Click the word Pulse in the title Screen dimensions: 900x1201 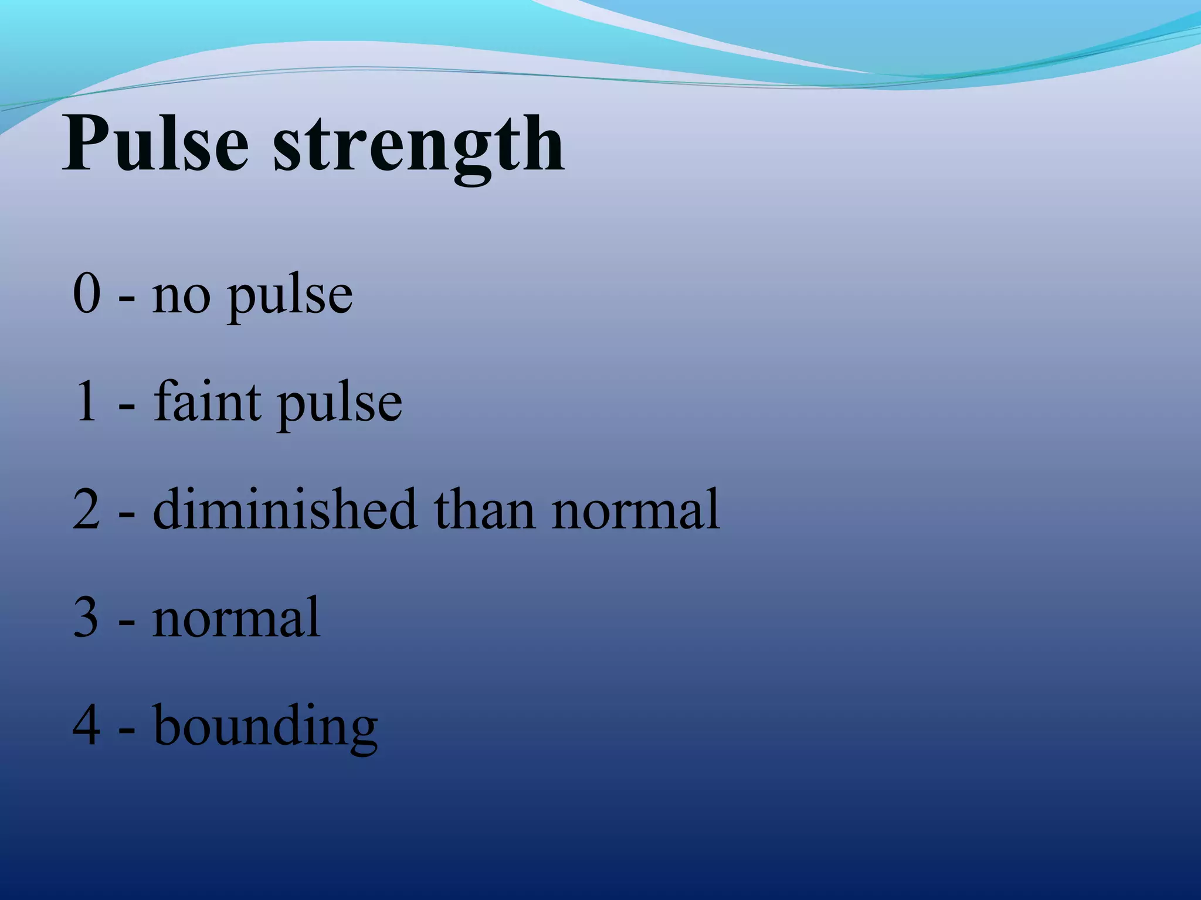155,144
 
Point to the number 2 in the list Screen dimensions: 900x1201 87,510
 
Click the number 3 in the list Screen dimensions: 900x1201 87,618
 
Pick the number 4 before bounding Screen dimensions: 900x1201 87,725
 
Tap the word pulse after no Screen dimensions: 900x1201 290,299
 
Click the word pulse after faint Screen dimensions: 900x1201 340,407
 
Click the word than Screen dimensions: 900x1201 484,510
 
